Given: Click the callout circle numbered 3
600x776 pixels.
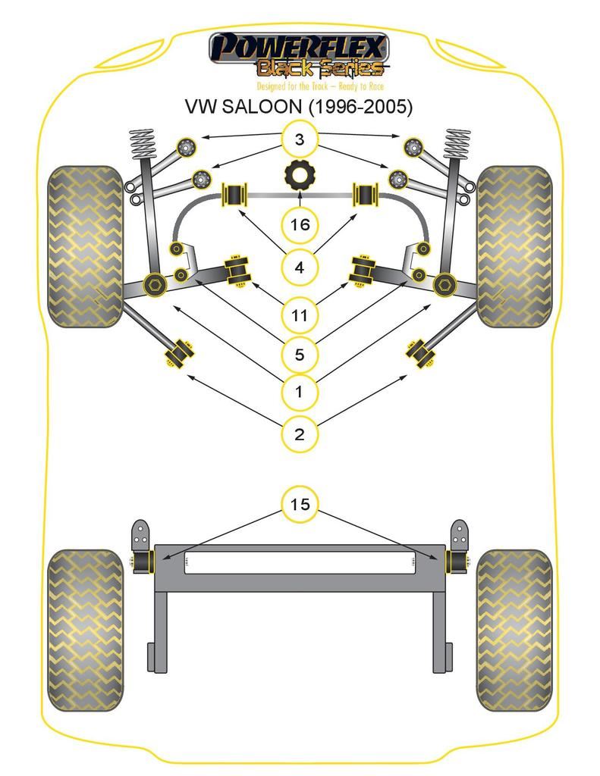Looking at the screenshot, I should point(300,139).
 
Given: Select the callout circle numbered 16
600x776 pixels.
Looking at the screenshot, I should point(300,224).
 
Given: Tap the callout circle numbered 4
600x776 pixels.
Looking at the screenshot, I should point(300,268).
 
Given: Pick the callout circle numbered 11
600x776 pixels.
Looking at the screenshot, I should point(300,314).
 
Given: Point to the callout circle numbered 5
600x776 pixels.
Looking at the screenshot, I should point(300,354).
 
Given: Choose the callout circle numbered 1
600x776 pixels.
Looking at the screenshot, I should point(300,393).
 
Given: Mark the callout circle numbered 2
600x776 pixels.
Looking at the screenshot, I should point(300,434).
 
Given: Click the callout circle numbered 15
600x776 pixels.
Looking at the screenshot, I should point(300,504).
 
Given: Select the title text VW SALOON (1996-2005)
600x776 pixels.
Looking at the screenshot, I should point(300,107).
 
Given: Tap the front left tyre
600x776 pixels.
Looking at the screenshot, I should point(85,246).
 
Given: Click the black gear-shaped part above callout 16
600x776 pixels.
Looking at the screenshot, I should point(300,176).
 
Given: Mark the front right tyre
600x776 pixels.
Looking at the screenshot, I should point(514,246).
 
